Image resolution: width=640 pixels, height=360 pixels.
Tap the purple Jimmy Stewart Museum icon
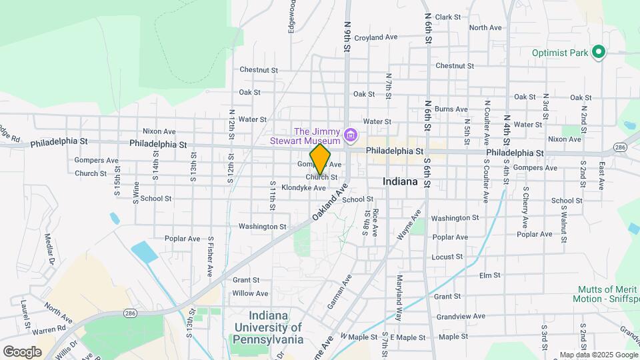(x=351, y=137)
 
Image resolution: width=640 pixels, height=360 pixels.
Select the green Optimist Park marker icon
(x=599, y=52)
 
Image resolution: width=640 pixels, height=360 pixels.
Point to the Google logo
(x=22, y=351)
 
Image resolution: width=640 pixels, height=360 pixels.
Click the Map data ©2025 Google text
(x=598, y=355)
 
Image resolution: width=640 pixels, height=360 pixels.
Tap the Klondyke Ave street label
(x=303, y=188)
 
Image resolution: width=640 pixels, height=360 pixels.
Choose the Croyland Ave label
(x=376, y=38)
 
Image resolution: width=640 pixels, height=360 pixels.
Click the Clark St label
(x=448, y=17)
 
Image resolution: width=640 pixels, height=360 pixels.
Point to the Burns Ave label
(x=451, y=109)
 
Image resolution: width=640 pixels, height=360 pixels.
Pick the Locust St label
(x=447, y=257)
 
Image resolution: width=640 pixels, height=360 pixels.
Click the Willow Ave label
(x=250, y=293)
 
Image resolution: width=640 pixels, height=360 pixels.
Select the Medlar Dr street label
(x=49, y=249)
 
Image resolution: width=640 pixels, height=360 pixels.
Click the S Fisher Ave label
(x=210, y=255)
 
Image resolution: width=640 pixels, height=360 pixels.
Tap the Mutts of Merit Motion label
(x=605, y=294)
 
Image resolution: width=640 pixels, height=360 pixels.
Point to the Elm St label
(x=489, y=275)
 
